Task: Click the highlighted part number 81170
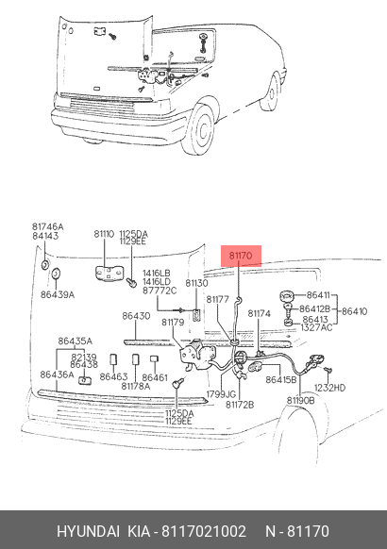[x=241, y=256]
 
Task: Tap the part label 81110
[x=104, y=234]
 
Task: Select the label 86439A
[x=58, y=295]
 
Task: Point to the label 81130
[x=196, y=283]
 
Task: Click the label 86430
[x=136, y=316]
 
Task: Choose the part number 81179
[x=173, y=322]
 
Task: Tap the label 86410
[x=354, y=311]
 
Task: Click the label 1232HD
[x=329, y=388]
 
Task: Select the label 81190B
[x=300, y=400]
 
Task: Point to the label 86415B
[x=281, y=379]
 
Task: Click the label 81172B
[x=240, y=405]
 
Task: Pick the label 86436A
[x=57, y=374]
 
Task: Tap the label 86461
[x=155, y=377]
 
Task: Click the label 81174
[x=260, y=314]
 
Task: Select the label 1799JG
[x=221, y=394]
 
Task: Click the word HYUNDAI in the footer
[x=89, y=531]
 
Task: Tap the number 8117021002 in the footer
[x=204, y=531]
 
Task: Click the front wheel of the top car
[x=199, y=129]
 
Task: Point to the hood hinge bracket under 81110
[x=109, y=274]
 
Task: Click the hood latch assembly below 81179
[x=196, y=355]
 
